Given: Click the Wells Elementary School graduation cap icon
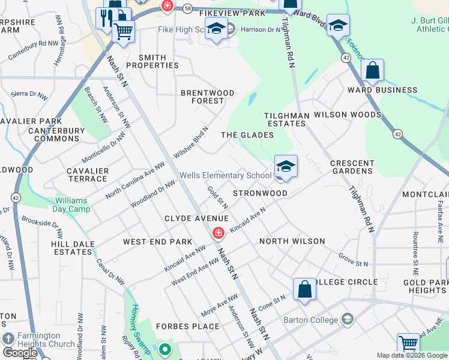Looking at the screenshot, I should click(286, 166).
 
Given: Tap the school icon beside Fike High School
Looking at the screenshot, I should click(216, 29).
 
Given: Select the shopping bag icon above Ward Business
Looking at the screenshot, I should click(372, 70).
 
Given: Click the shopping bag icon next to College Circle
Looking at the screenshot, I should click(305, 289).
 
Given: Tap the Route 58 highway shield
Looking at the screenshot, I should click(188, 9).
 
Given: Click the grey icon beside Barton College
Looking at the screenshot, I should click(346, 319).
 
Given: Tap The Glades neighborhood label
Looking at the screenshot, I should click(247, 135).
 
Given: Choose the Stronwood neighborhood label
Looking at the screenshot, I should click(260, 193).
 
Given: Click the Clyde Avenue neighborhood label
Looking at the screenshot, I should click(197, 218).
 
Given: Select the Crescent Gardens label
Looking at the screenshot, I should click(352, 167).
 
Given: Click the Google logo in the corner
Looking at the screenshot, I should click(20, 353).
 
